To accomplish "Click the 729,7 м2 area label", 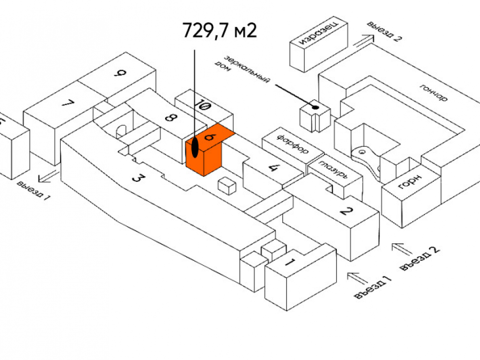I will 219,31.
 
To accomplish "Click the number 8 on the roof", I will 169,118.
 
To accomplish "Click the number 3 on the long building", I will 137,179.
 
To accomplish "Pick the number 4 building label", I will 273,168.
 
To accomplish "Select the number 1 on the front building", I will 289,263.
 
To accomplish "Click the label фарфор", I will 292,144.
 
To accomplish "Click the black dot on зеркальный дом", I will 315,107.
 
